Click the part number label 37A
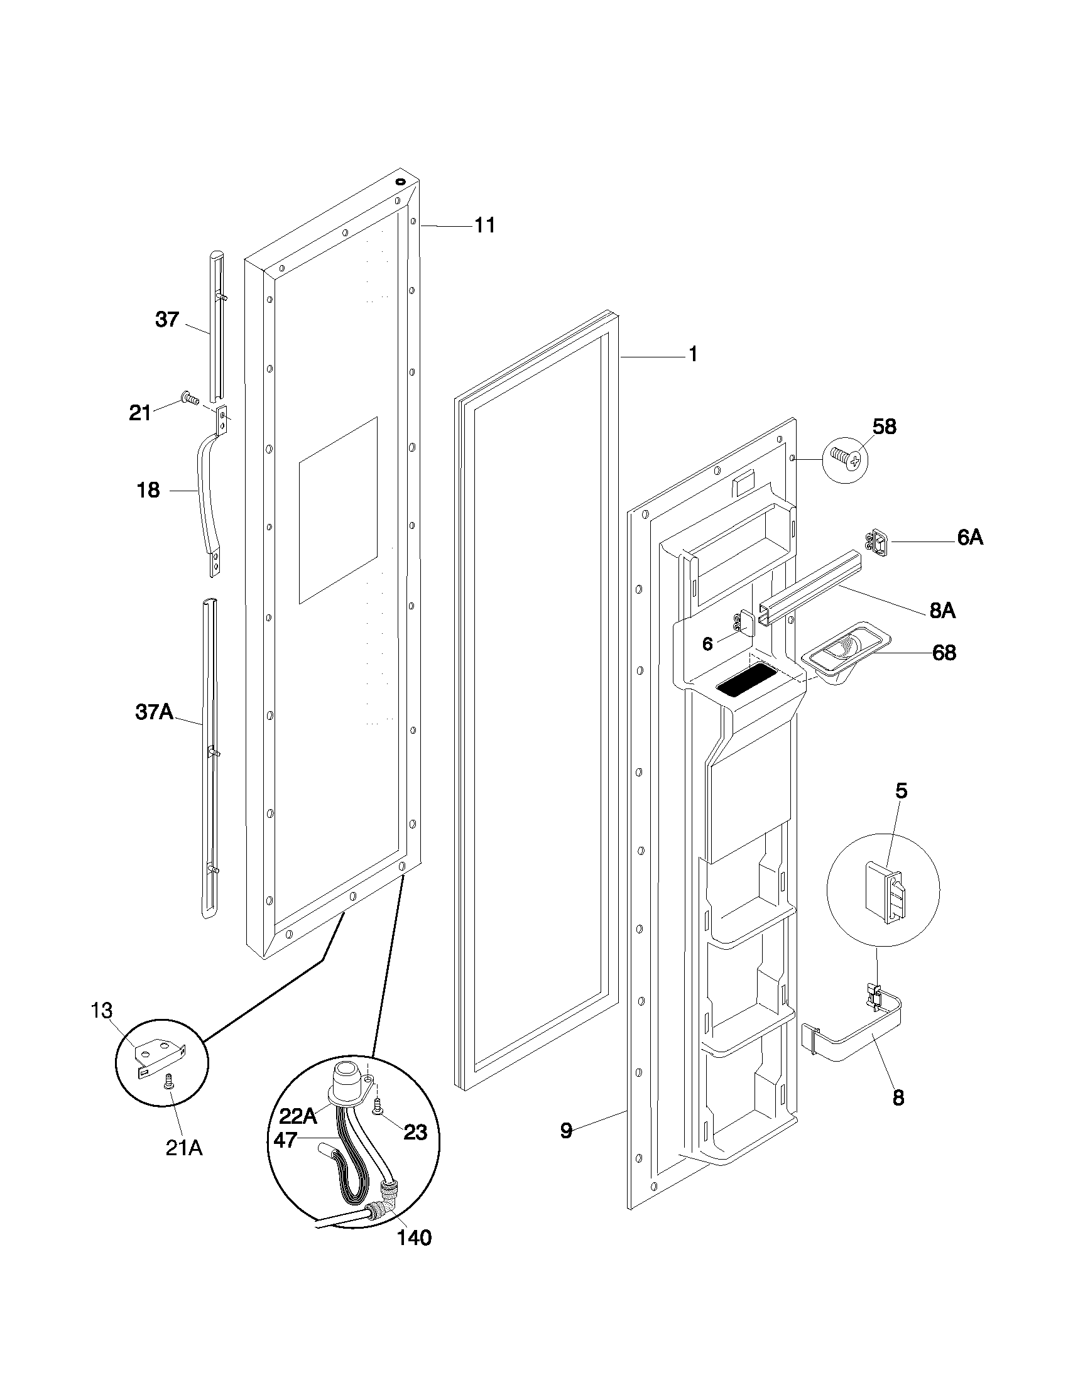click(154, 712)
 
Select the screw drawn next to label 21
click(189, 398)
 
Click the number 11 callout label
click(484, 226)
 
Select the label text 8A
click(942, 610)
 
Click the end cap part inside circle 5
click(887, 891)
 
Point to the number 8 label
click(898, 1097)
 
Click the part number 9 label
click(566, 1131)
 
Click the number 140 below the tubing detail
click(414, 1237)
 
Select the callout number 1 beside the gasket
click(694, 354)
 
